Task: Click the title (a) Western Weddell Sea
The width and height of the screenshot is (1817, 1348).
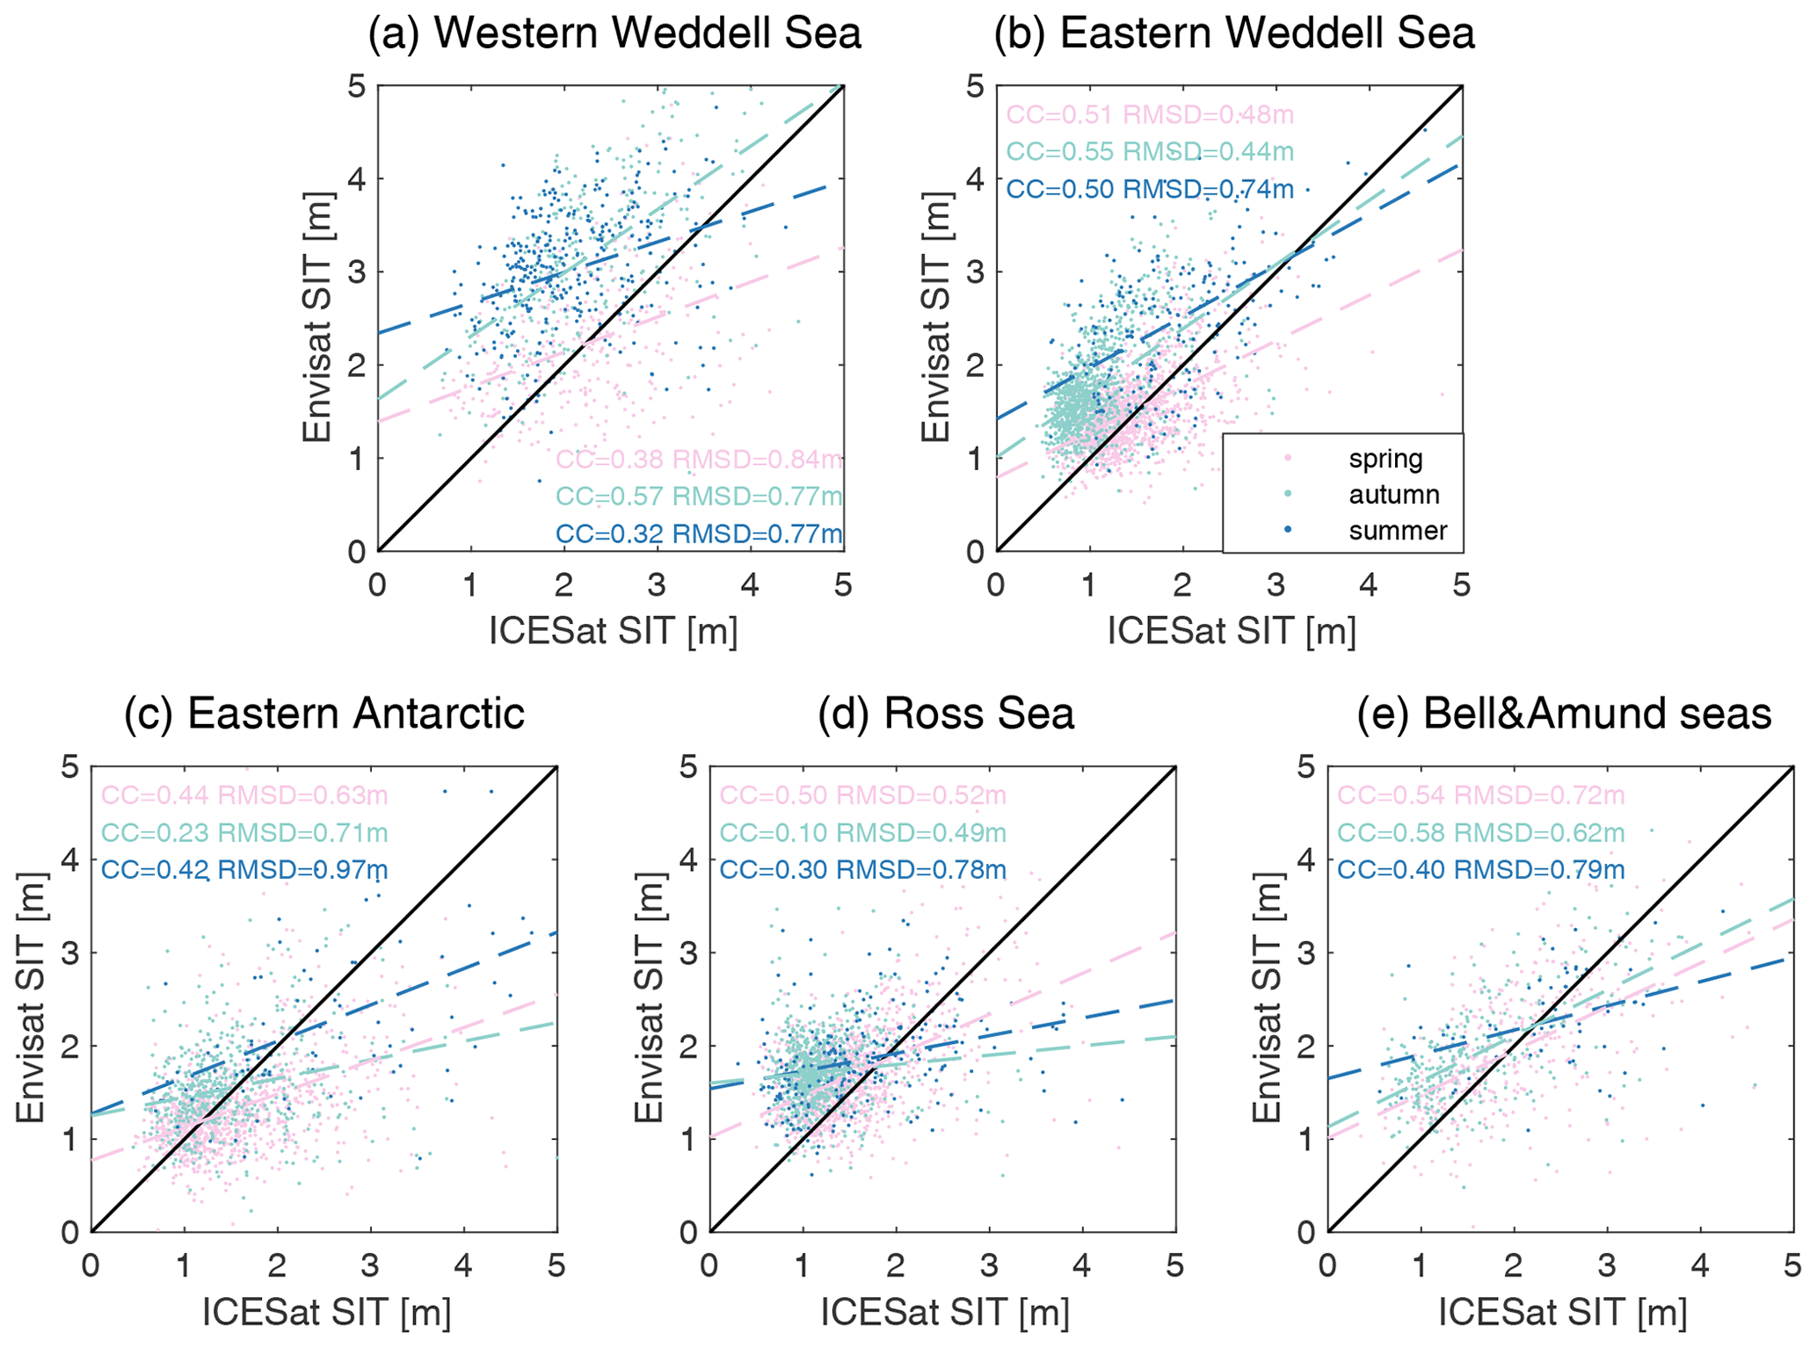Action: [614, 33]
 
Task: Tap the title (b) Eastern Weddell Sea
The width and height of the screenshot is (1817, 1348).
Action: [1233, 33]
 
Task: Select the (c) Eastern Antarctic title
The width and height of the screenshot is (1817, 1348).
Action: [324, 713]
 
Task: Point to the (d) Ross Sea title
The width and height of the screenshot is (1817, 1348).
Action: [946, 713]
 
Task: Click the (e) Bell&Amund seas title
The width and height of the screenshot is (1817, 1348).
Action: [1564, 713]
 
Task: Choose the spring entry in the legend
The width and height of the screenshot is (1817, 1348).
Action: [1385, 459]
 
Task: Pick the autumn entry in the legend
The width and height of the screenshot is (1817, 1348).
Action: [1394, 495]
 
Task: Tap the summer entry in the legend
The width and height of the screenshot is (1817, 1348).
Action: [1398, 531]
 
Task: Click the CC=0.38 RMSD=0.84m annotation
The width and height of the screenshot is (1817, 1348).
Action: [699, 459]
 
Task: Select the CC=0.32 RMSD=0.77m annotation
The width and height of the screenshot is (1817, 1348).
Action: [699, 533]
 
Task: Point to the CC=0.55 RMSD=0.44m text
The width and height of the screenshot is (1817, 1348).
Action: [1150, 152]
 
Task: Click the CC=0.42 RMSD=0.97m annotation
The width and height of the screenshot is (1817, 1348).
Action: [244, 870]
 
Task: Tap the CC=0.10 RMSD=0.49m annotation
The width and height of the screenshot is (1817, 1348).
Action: [862, 832]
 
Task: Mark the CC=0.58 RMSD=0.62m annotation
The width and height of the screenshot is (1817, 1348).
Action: [1480, 832]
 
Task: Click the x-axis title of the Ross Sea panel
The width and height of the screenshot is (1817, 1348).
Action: [945, 1313]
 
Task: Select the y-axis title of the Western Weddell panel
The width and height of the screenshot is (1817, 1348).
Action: [316, 317]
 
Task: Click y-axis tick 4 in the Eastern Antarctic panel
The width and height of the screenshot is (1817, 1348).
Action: [70, 859]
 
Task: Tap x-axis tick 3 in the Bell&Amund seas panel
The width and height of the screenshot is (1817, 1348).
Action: [1607, 1266]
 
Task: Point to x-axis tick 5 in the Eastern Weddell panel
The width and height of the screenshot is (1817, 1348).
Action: [1461, 585]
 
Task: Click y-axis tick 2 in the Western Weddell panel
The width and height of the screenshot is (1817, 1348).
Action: [357, 365]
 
